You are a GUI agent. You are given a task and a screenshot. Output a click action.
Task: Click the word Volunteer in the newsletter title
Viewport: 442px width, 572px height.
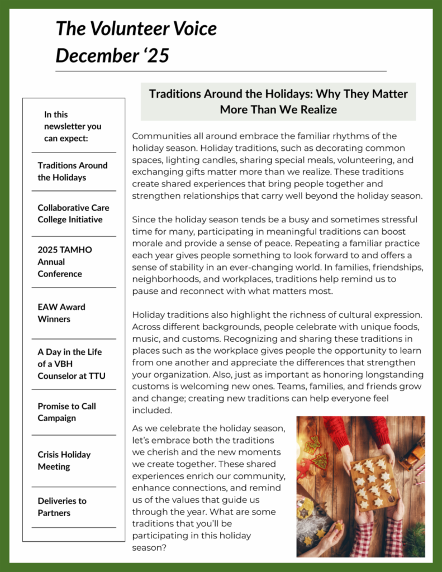point(122,28)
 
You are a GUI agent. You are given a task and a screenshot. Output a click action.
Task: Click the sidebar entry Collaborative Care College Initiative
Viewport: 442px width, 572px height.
point(73,213)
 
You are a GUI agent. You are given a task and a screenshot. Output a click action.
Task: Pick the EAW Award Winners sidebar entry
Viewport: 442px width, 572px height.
point(61,313)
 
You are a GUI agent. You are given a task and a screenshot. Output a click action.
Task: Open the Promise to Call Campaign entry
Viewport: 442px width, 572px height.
point(66,412)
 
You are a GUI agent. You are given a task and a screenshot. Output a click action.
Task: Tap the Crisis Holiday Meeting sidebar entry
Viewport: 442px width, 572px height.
point(64,460)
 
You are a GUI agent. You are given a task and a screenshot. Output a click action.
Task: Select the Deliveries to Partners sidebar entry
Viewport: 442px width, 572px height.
point(62,507)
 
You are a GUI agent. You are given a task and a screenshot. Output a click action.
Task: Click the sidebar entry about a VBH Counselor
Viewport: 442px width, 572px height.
point(71,364)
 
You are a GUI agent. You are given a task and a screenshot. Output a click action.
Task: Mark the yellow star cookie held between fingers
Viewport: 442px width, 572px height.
point(338,526)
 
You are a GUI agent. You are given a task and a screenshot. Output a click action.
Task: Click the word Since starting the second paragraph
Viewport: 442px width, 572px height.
point(144,220)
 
